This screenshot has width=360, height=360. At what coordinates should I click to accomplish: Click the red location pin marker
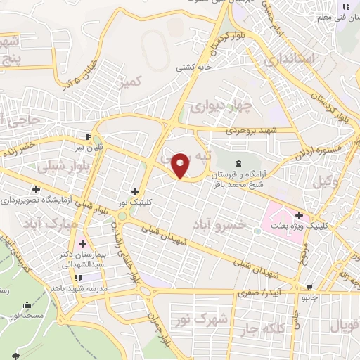[181, 165]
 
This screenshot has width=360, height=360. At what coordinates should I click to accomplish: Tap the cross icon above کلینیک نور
[135, 191]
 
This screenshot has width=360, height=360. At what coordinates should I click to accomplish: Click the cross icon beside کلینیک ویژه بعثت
[300, 216]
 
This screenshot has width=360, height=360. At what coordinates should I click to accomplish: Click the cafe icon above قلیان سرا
[87, 136]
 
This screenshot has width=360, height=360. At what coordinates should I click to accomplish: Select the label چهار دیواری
[214, 108]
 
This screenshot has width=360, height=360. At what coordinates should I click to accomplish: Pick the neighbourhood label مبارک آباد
[51, 226]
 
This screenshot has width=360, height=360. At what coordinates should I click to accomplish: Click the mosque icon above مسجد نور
[27, 304]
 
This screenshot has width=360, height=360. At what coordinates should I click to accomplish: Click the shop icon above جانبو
[309, 286]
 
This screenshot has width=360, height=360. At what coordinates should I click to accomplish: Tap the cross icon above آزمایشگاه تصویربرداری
[36, 189]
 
